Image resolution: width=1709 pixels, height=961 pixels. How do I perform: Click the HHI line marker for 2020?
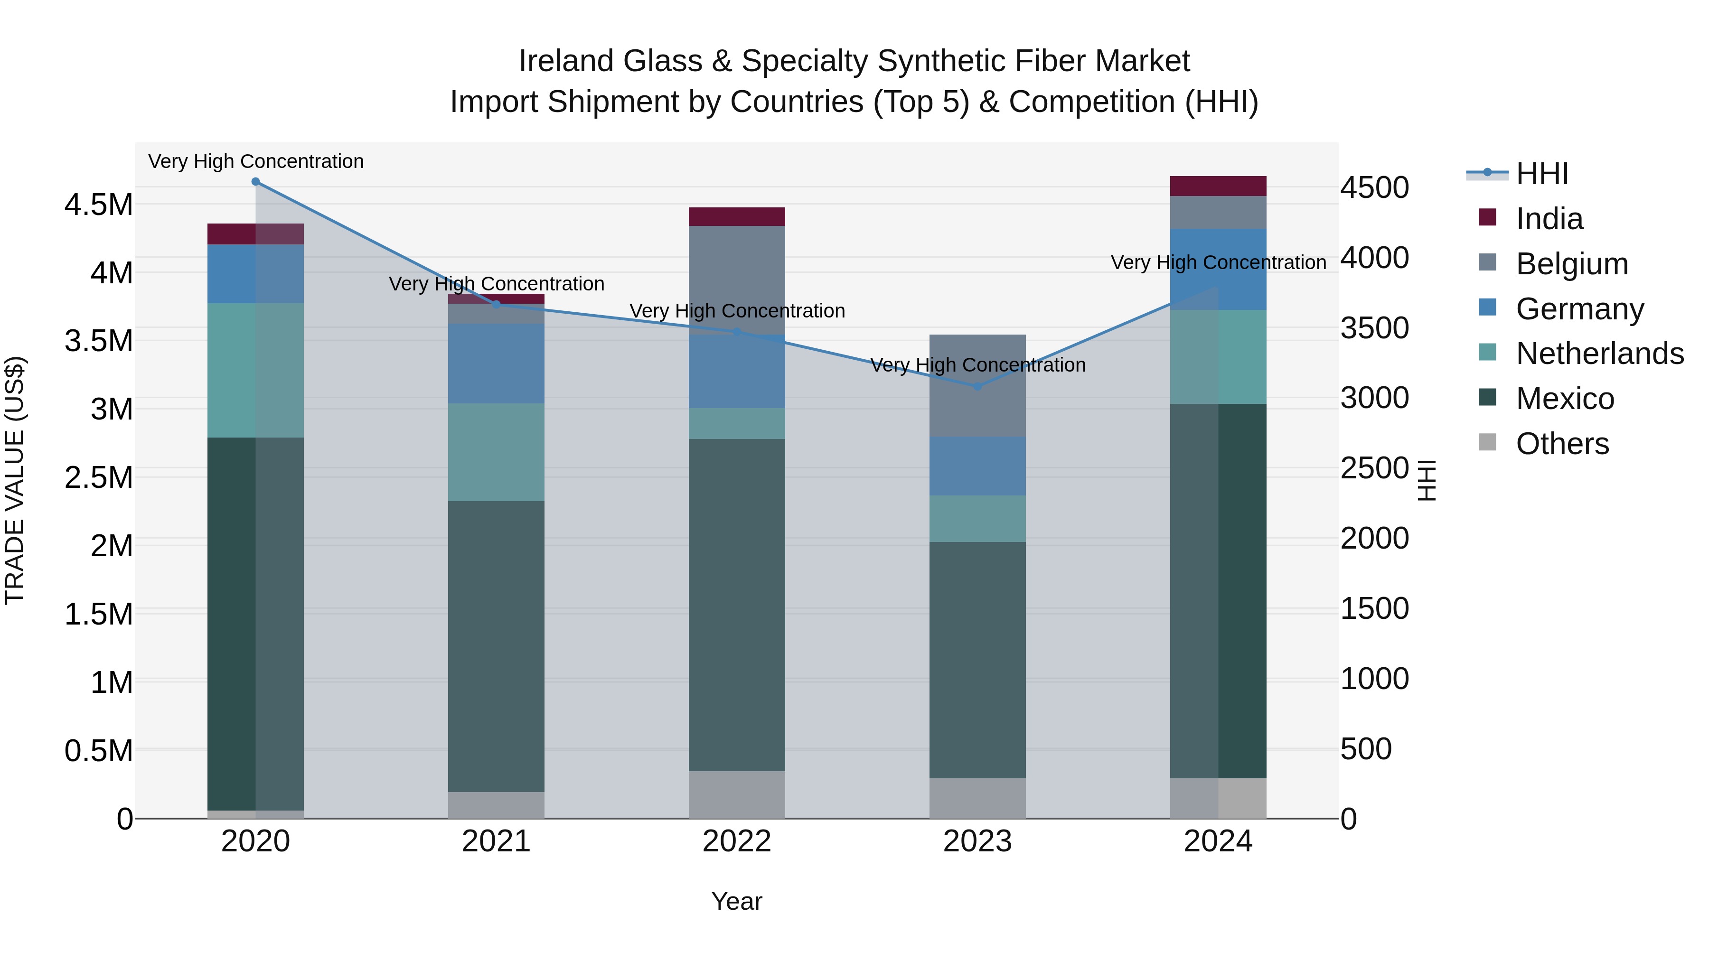255,181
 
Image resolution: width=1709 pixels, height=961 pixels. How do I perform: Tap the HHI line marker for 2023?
977,386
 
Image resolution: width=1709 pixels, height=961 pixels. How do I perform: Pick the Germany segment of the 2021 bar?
496,364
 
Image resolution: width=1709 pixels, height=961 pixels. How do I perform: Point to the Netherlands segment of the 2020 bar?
255,370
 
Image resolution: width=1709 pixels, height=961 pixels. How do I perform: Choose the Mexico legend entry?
1564,399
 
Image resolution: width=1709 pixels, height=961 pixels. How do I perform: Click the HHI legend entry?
1542,174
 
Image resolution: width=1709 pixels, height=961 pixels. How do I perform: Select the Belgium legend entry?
1571,264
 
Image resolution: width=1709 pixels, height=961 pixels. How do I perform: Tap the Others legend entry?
1562,444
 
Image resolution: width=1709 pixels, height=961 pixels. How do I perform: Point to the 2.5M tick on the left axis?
99,477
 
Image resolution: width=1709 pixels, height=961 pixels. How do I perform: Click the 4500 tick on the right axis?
1375,187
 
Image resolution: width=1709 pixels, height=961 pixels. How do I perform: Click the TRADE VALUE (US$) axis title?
15,480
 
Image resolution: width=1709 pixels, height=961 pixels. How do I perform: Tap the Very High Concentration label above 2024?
1218,262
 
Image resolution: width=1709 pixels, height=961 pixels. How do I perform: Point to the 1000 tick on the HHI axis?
1375,679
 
